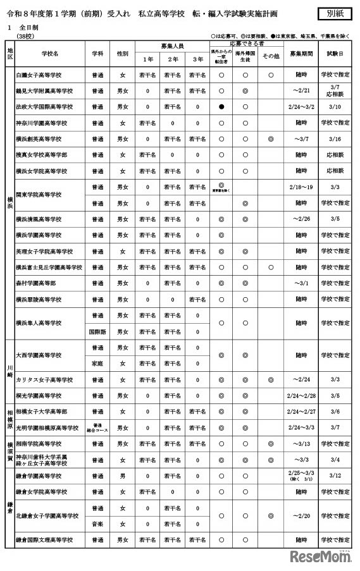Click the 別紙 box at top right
point(335,13)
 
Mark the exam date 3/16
point(335,138)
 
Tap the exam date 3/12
point(335,476)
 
